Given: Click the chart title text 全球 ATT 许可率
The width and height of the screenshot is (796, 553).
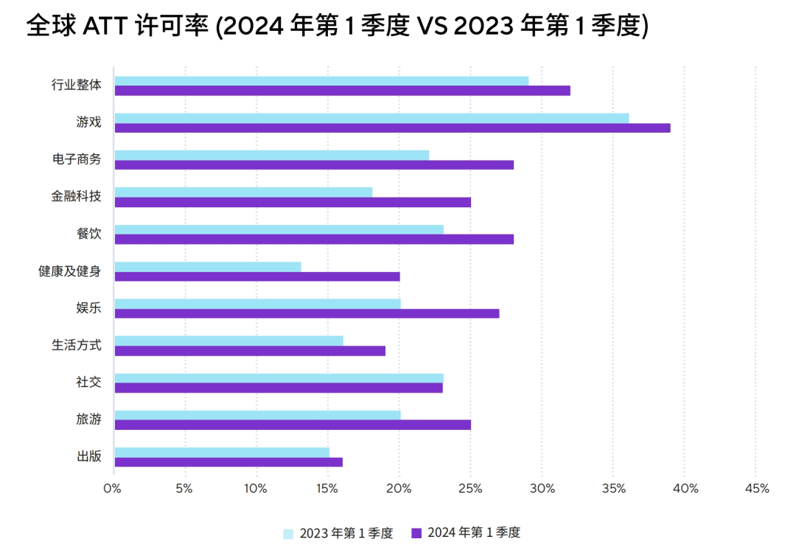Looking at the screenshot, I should (118, 27).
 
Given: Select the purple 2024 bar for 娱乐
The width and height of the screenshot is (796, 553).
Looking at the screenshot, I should (307, 313).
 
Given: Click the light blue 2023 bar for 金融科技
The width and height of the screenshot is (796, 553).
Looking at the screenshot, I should (243, 192).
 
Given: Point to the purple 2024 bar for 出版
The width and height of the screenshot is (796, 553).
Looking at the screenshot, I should (228, 462).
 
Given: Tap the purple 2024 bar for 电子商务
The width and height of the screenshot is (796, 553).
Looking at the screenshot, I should (314, 164).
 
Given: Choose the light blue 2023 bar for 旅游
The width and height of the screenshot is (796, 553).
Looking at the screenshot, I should (257, 415).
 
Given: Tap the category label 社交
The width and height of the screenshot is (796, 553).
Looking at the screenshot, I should (88, 382).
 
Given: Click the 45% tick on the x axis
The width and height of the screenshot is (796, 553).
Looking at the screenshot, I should (757, 489).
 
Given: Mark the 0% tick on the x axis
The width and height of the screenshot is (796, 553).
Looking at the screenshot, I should (113, 489).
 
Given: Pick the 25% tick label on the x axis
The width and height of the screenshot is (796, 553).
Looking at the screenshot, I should (470, 489).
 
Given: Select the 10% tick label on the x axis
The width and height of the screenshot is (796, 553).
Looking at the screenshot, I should (256, 489).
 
